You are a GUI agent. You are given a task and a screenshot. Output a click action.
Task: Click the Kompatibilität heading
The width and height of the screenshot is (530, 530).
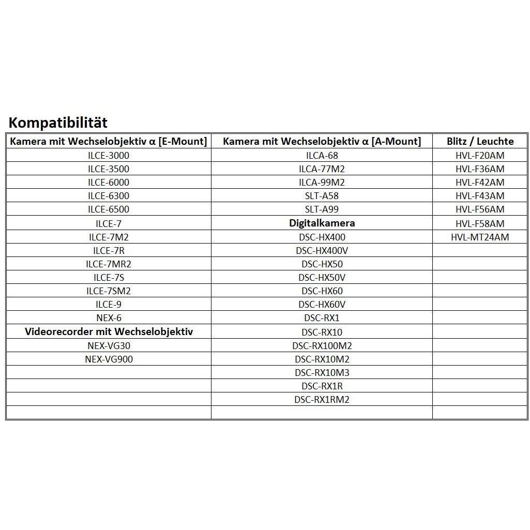58,123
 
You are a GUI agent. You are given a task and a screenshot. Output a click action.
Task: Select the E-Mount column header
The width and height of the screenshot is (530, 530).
109,141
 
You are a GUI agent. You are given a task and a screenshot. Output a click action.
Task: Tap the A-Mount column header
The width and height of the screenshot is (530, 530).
322,141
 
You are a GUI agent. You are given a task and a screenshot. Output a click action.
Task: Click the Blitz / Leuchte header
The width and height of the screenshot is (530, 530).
480,141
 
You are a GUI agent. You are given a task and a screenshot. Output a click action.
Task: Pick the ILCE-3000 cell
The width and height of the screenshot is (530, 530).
109,155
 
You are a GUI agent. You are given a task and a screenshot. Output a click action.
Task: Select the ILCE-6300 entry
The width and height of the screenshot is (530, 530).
109,196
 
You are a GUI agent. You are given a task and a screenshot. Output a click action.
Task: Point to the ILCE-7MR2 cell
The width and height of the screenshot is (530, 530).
109,264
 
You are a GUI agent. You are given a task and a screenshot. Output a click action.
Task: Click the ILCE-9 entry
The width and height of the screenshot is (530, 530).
109,305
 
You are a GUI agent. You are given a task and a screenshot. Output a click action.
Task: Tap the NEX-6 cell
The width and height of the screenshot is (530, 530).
109,318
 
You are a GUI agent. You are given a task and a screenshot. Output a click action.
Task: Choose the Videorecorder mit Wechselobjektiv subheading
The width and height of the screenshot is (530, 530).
109,331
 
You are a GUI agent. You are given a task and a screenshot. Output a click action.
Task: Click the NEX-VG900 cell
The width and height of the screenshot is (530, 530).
109,359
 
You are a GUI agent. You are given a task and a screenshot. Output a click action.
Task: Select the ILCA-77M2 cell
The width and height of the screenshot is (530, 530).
322,169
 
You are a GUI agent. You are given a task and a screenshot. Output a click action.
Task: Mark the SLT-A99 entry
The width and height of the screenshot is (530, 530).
322,209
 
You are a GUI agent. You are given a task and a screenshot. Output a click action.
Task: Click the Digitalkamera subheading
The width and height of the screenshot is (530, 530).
322,223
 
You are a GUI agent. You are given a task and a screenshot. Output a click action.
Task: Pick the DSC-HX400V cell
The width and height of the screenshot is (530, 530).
322,250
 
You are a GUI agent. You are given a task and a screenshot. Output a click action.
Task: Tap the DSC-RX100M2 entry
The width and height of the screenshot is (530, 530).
322,345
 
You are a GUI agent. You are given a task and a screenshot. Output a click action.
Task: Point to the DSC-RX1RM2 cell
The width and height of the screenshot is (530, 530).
322,400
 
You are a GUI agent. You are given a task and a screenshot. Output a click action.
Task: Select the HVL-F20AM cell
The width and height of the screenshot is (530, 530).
480,155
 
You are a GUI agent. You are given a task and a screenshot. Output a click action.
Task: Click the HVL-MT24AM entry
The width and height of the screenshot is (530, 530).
480,237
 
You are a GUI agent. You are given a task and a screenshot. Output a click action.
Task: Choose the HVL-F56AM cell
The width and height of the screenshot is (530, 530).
480,209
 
